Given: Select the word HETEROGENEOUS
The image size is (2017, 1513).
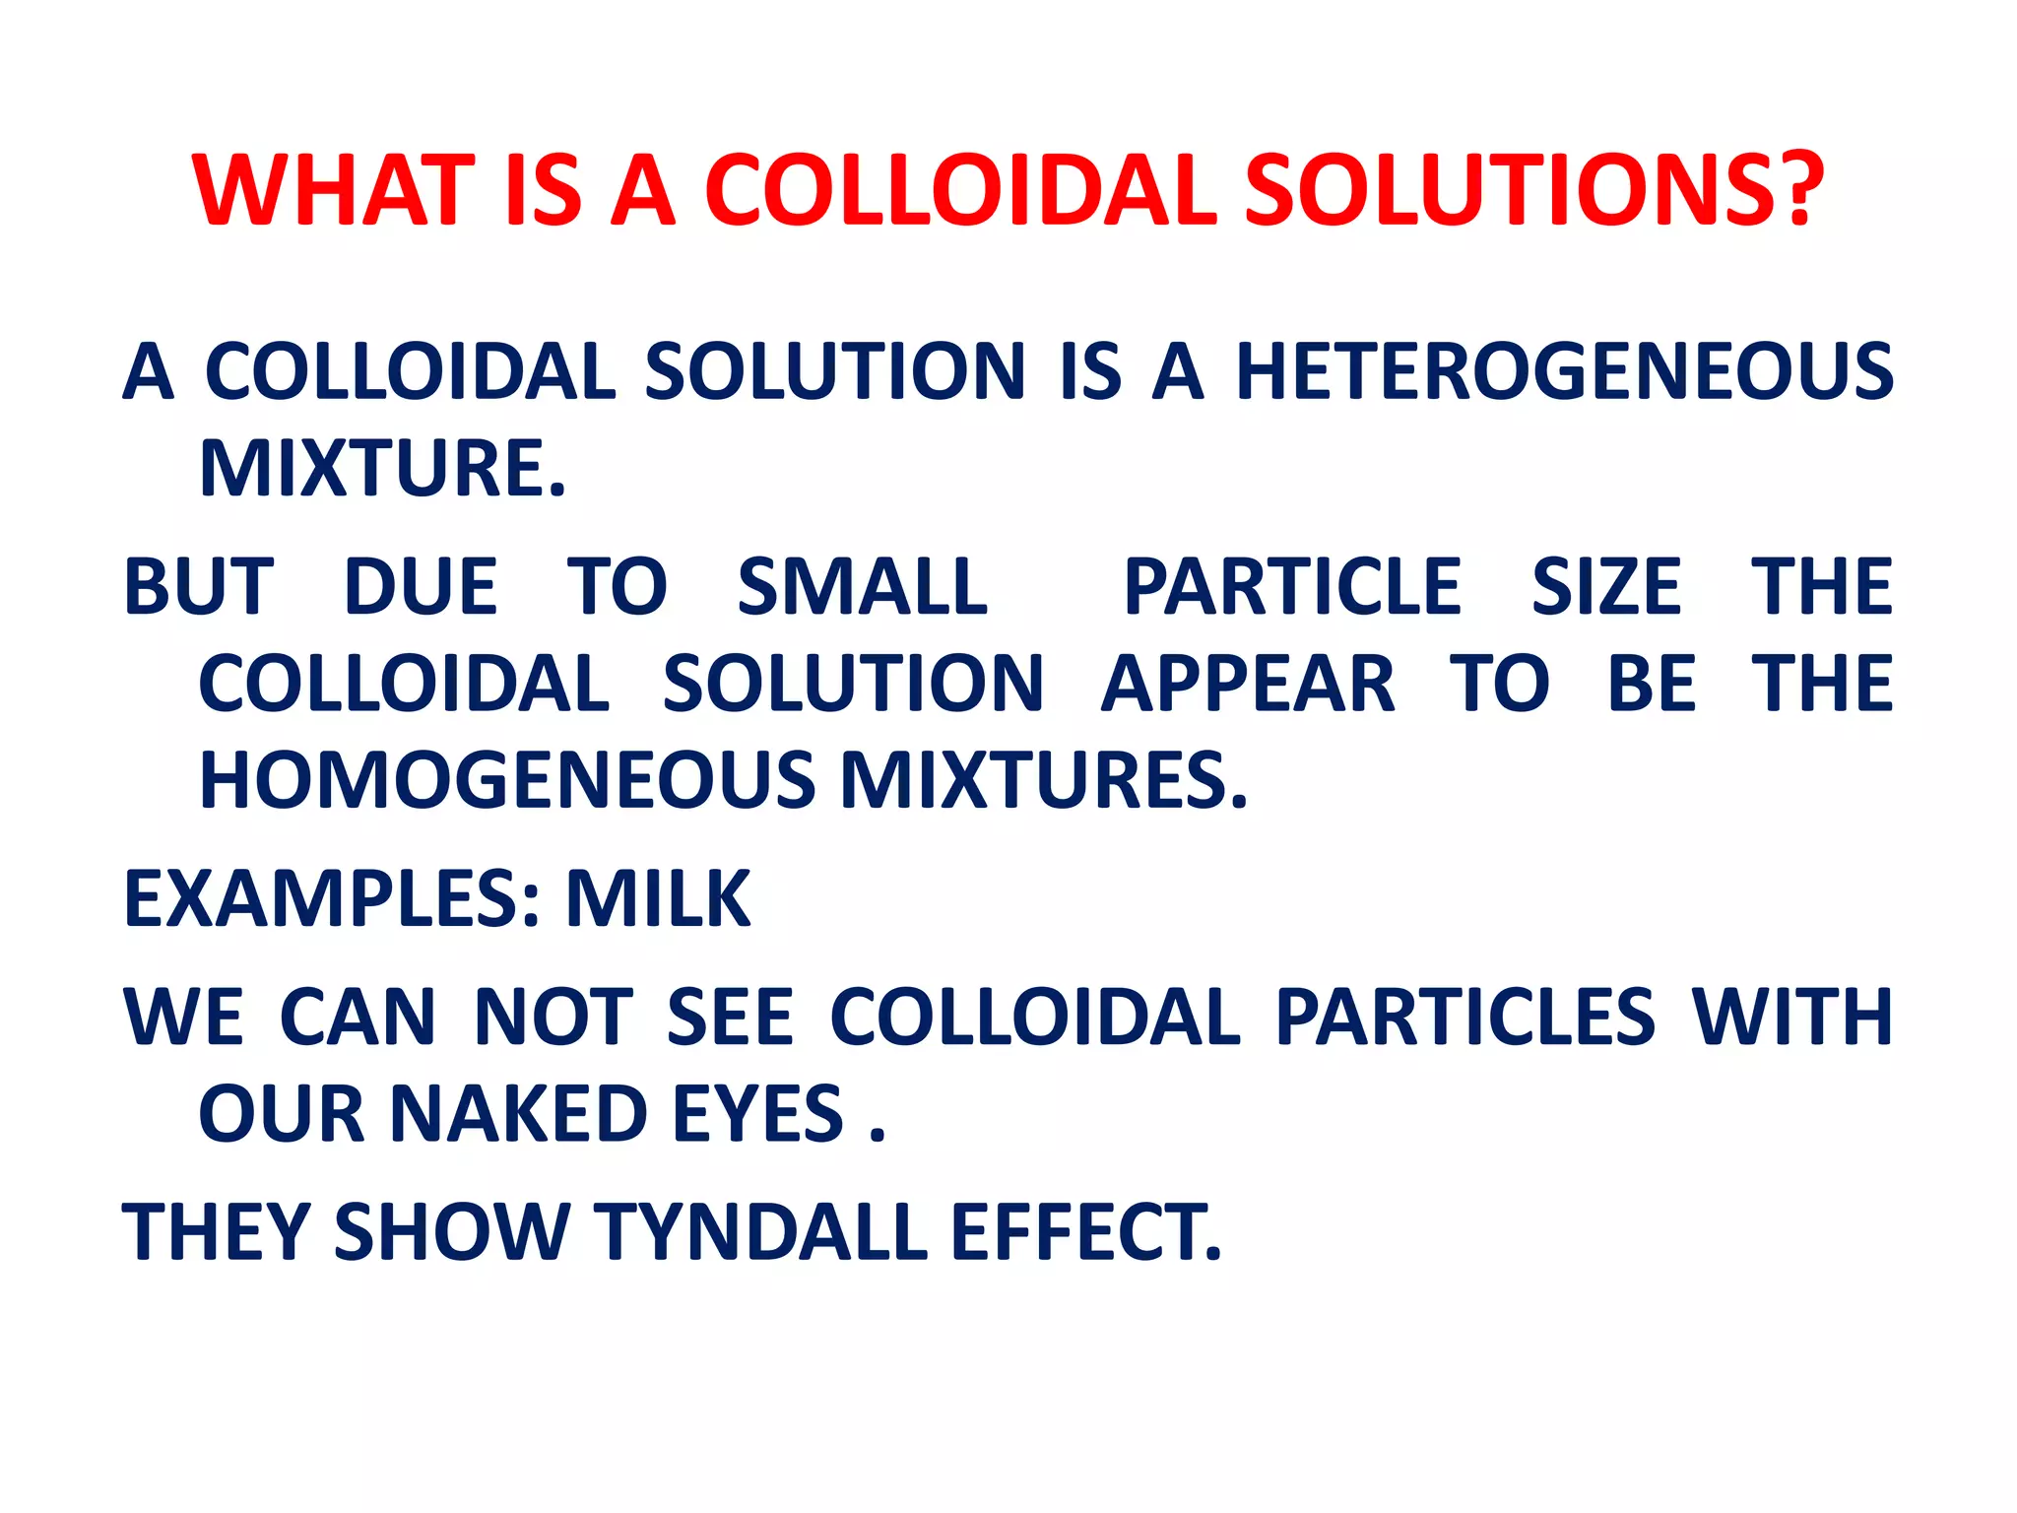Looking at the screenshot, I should coord(1565,372).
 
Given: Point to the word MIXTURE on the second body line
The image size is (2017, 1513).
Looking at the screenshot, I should coord(382,469).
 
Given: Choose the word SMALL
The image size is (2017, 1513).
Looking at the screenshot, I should coord(862,587).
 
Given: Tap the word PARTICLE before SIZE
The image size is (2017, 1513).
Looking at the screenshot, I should coord(1293,587).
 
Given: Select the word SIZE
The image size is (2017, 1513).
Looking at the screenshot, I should coord(1606,587).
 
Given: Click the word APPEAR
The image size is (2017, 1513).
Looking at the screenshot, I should coord(1248,684).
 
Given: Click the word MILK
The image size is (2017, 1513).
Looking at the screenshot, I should coord(658,899).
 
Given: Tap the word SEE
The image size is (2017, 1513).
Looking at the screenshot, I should coord(730,1018).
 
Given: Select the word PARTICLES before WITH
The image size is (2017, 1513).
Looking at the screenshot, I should coord(1464,1018).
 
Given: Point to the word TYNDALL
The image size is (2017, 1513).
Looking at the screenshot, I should coord(760,1232).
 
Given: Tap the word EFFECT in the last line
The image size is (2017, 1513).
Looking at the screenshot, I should coord(1085,1232).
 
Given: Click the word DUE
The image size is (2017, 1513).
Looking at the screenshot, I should coord(421,587).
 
